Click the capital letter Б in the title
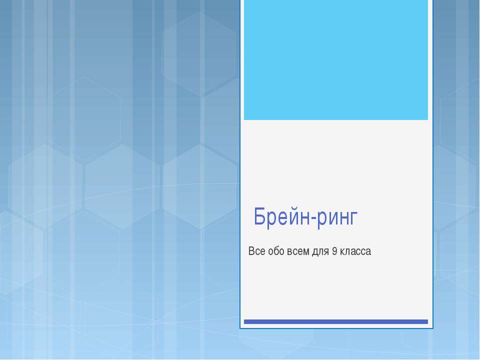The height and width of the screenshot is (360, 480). tap(260, 217)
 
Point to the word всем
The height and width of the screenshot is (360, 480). tap(297, 251)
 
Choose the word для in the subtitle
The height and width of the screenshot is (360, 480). tap(320, 252)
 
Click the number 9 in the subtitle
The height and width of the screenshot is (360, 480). tap(334, 251)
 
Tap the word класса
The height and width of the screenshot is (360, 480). tap(355, 251)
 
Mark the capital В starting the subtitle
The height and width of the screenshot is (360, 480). tap(251, 251)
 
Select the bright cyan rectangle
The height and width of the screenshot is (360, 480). tap(336, 59)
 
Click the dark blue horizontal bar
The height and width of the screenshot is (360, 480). tap(336, 321)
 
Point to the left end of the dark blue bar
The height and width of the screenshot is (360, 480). tap(245, 321)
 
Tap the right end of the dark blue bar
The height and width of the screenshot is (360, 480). tap(427, 321)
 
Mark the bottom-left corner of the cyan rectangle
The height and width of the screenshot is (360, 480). tap(244, 119)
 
